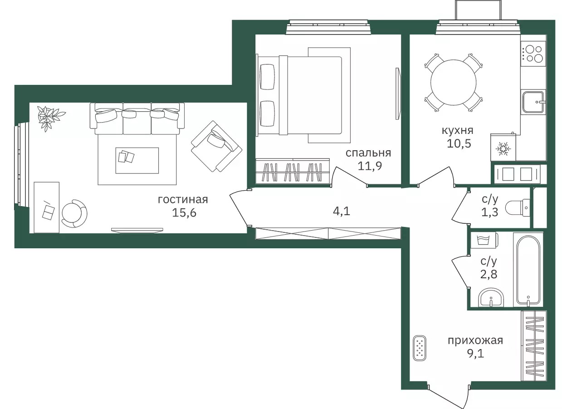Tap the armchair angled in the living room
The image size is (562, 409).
(216, 146)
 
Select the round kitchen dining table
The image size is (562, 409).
(453, 82)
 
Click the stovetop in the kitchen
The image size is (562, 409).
(533, 53)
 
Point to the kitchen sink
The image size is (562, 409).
(533, 102)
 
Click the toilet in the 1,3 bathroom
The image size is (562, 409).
(517, 207)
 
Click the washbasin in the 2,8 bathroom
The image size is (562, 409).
(490, 298)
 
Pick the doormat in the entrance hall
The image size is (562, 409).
(419, 348)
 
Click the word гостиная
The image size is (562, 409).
(183, 200)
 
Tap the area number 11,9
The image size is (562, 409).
(370, 166)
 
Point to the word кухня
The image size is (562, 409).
(457, 131)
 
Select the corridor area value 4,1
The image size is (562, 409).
(341, 211)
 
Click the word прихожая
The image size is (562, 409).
(475, 341)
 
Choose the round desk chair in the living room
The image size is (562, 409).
(74, 213)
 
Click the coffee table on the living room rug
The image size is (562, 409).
(137, 160)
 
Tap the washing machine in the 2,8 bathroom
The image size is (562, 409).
(484, 240)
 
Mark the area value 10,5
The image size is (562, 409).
(459, 143)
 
